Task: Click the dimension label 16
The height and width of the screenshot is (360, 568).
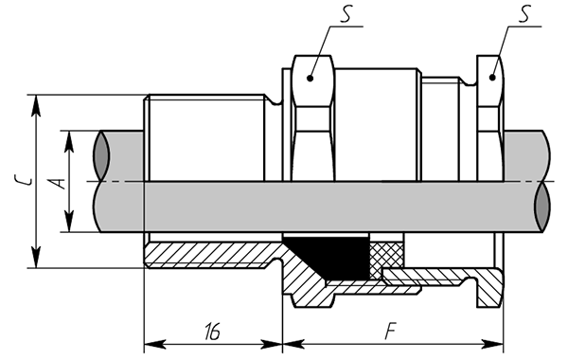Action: pyautogui.click(x=212, y=331)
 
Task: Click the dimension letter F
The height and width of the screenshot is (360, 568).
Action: pyautogui.click(x=390, y=331)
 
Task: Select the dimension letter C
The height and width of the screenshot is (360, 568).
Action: pyautogui.click(x=23, y=179)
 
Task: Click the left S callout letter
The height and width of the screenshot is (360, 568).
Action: pyautogui.click(x=346, y=15)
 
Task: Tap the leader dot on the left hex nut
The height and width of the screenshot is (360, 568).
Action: pyautogui.click(x=310, y=78)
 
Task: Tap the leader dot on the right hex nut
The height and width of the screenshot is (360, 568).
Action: pyautogui.click(x=492, y=78)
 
